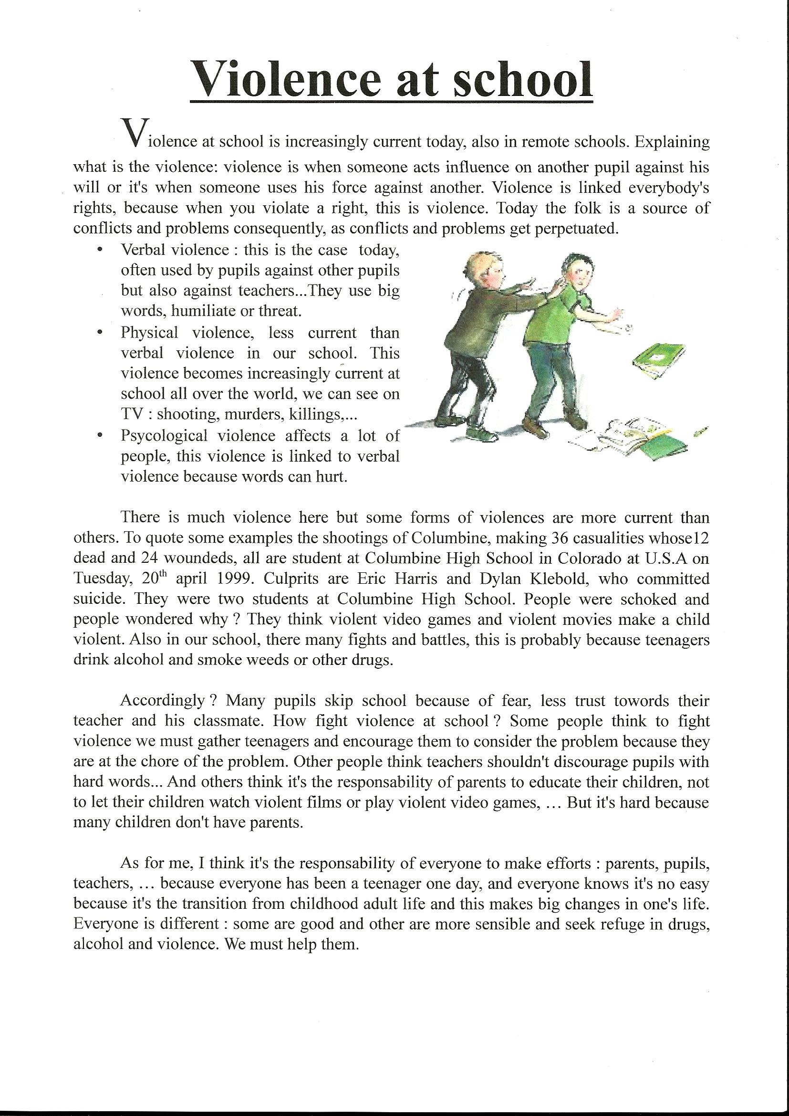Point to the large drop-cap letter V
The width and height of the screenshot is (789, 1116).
[133, 132]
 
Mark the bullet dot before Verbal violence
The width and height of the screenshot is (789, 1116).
[100, 250]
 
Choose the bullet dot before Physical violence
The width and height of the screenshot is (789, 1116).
[100, 333]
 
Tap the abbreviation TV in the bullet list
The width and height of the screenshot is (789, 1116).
[131, 415]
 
